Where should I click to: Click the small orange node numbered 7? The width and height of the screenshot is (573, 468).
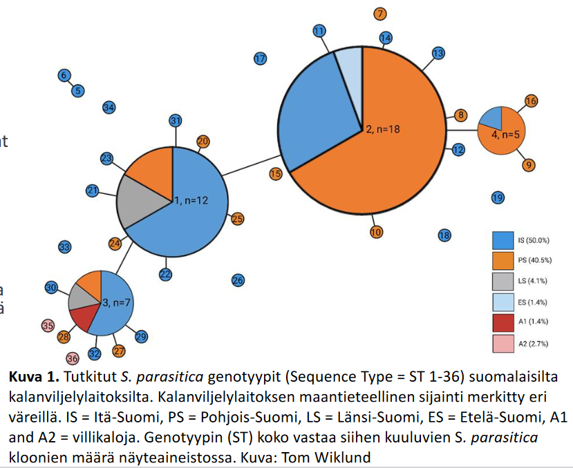coord(380,14)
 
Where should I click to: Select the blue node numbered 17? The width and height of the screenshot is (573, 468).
coord(260,59)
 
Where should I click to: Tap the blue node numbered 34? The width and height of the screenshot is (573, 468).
coord(109,107)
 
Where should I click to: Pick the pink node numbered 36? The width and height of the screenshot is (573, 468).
coord(73,358)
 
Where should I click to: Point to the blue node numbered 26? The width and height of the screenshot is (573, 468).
coord(237,280)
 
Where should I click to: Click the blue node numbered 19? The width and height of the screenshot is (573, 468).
coord(497,198)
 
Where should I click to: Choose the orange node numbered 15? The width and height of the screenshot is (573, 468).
coord(275,174)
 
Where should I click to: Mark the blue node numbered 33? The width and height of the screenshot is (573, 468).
coord(64,246)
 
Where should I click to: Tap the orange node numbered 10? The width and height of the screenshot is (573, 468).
coord(376,232)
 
